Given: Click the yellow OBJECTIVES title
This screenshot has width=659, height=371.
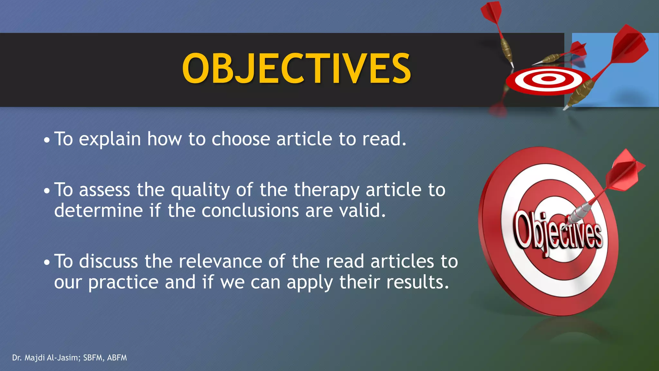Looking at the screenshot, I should click(x=296, y=69).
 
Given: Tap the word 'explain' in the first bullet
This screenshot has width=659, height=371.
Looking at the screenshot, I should click(x=110, y=139).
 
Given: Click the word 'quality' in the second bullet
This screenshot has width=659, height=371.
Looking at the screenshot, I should click(x=200, y=190).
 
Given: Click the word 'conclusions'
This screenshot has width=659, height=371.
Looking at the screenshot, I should click(x=250, y=211).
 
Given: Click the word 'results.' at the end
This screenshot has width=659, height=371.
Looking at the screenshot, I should click(x=417, y=282).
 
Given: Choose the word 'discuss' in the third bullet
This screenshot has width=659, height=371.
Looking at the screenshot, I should click(x=108, y=261).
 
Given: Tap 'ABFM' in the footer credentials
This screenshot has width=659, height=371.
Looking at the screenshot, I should click(x=117, y=358).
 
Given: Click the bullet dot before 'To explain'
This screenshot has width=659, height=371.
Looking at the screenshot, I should click(x=47, y=140).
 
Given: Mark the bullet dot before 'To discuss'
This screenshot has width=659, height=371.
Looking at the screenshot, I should click(x=47, y=262).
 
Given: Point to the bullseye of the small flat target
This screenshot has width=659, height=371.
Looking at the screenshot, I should click(x=548, y=78).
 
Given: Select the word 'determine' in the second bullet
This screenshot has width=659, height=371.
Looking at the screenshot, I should click(x=98, y=211).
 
